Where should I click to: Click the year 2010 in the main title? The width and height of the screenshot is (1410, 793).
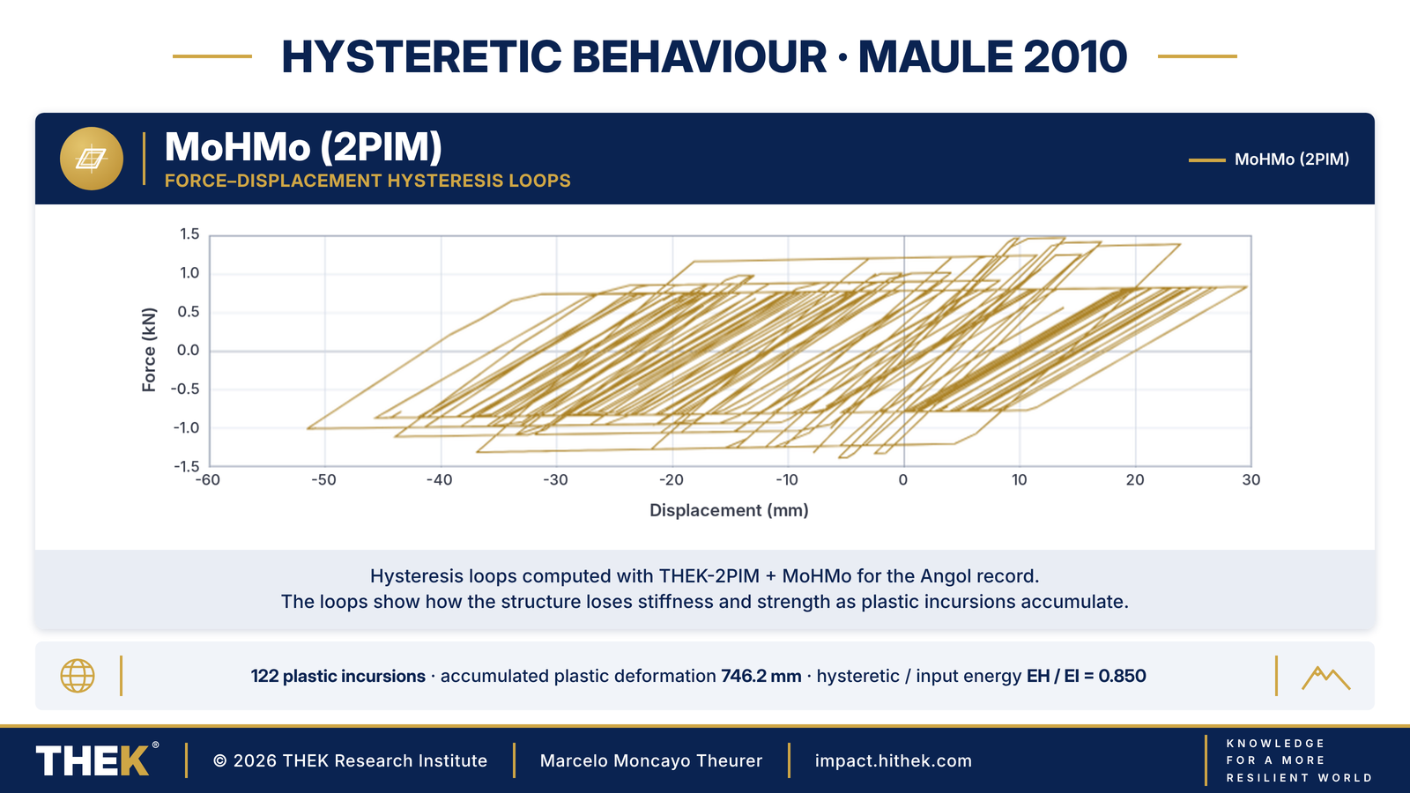pos(1074,56)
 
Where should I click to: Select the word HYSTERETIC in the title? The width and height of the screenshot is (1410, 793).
pos(422,56)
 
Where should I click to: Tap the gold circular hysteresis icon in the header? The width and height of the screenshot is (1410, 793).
pos(92,159)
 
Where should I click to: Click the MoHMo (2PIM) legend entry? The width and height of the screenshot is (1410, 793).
pos(1269,159)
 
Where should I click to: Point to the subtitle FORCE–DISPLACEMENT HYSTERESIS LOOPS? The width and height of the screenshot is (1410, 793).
pos(367,181)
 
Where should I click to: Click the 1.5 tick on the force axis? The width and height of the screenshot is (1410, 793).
pos(189,234)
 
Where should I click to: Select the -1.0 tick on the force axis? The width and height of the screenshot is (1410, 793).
pos(186,428)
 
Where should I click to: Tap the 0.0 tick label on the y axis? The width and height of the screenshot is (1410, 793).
pos(189,350)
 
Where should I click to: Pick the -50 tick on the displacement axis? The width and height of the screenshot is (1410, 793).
pos(323,480)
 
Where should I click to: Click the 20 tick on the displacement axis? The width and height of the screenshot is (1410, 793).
pos(1135,480)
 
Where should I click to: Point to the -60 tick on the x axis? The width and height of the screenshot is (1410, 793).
pos(208,480)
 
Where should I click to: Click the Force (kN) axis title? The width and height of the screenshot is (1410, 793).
pos(149,350)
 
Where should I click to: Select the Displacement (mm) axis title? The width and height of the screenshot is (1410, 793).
pos(729,510)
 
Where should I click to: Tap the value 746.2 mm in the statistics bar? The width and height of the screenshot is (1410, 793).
pos(761,676)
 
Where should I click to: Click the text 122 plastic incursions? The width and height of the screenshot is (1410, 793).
pos(338,676)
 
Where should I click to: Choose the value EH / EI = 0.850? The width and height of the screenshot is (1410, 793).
pos(1086,676)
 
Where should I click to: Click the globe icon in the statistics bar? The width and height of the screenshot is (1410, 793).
pos(78,676)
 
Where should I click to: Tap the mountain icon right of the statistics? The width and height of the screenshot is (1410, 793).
pos(1325,678)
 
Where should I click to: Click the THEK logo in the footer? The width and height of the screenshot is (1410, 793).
pos(97,760)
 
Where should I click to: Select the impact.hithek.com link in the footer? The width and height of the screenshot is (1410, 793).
pos(894,761)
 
